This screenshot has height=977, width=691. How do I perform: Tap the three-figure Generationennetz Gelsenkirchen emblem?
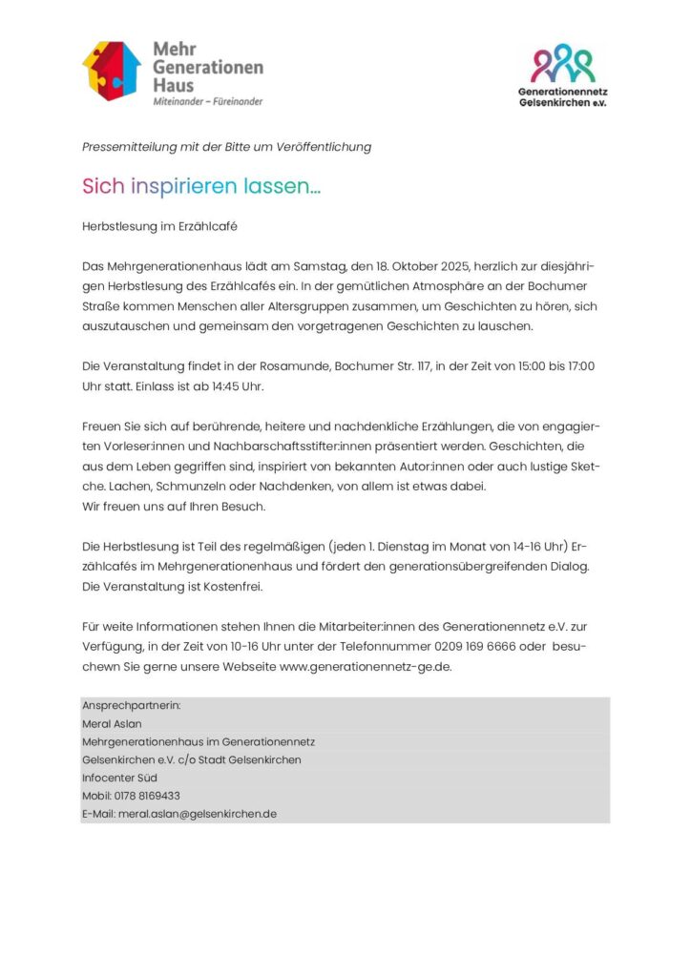pyautogui.click(x=562, y=63)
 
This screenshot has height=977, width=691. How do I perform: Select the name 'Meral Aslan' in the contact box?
pyautogui.click(x=112, y=723)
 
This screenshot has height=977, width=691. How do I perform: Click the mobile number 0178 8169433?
pyautogui.click(x=147, y=796)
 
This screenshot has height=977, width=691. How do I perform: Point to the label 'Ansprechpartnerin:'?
pyautogui.click(x=131, y=705)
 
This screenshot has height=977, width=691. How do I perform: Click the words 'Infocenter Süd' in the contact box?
pyautogui.click(x=119, y=778)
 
